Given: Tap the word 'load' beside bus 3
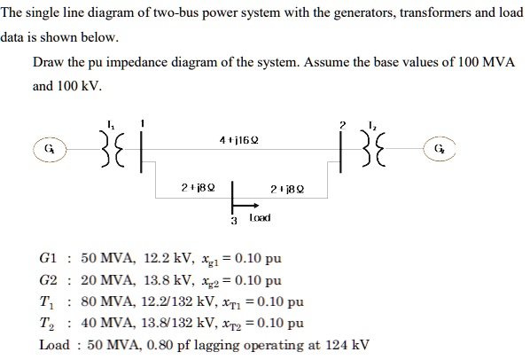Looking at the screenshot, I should tap(259, 217).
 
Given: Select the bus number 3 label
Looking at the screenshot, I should tap(233, 218).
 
